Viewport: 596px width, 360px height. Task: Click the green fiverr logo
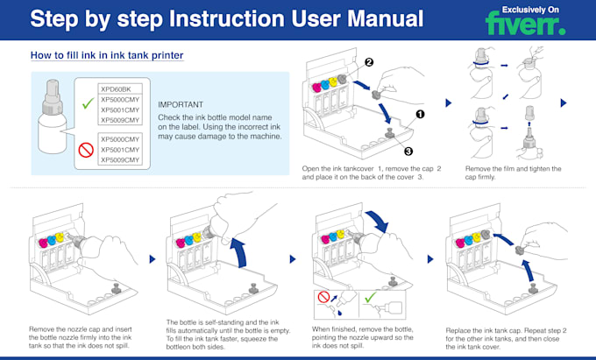click(526, 25)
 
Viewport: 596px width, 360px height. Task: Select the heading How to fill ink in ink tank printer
click(107, 56)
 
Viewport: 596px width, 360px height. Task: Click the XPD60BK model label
click(116, 89)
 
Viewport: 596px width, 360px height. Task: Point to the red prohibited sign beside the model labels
click(86, 150)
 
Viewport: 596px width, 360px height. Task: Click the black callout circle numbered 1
click(420, 113)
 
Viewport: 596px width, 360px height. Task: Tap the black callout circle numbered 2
click(369, 62)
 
